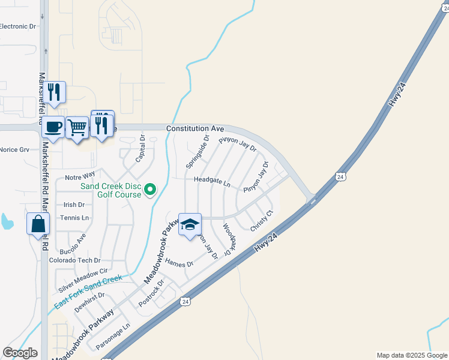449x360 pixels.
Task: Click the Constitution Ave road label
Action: pyautogui.click(x=195, y=129)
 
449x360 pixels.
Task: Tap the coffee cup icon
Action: pyautogui.click(x=53, y=127)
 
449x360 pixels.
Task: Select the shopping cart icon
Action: pyautogui.click(x=77, y=127)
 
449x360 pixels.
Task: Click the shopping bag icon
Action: pyautogui.click(x=38, y=224)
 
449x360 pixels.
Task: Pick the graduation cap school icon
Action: pyautogui.click(x=190, y=225)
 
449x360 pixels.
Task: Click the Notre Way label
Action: pyautogui.click(x=80, y=175)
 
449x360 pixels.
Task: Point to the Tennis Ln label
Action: pyautogui.click(x=74, y=217)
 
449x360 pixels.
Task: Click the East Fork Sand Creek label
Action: pyautogui.click(x=88, y=292)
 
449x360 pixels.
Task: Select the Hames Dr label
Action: pyautogui.click(x=179, y=263)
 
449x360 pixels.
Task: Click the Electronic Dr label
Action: pyautogui.click(x=18, y=26)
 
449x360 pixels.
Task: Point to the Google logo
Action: pyautogui.click(x=20, y=353)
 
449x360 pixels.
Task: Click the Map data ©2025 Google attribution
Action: pyautogui.click(x=412, y=355)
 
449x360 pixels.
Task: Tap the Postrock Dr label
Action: pyautogui.click(x=151, y=292)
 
